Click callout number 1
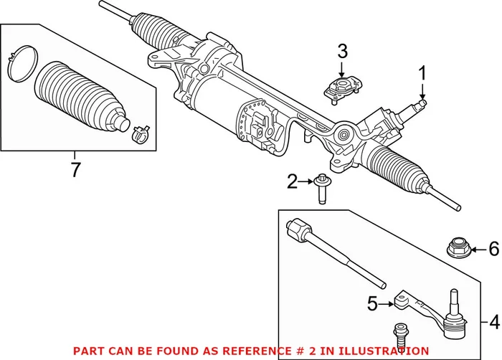[422, 72]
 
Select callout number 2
[292, 182]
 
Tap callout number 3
[342, 52]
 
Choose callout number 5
[372, 304]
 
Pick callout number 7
[75, 171]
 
